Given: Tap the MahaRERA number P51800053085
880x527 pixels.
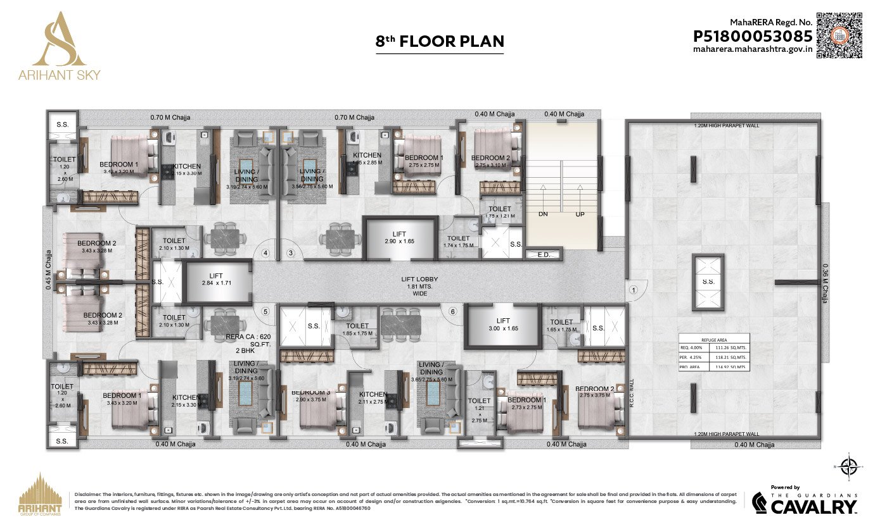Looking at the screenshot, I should pos(753,36).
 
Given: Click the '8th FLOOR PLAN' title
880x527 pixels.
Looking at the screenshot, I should pos(440,42).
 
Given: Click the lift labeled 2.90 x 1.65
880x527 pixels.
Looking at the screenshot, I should pos(400,238).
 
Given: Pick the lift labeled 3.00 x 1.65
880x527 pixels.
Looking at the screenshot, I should pos(503,325).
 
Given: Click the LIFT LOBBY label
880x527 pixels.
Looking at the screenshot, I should pos(419,279).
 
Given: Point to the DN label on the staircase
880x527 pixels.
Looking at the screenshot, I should pos(543,214).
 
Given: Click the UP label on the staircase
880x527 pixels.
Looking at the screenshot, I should pos(580,214).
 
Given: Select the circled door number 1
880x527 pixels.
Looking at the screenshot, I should pos(632,290).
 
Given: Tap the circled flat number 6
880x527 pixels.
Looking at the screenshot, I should pos(452,311).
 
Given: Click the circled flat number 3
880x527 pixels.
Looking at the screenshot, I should pos(291,253).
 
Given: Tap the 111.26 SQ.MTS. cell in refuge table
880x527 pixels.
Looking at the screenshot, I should pos(729,347).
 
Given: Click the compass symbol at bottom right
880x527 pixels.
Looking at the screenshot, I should pos(847,468).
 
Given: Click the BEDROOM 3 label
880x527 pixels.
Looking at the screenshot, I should pos(309,392).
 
